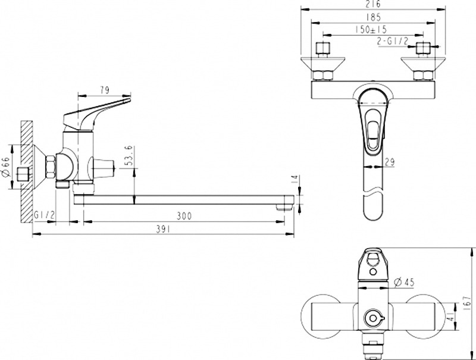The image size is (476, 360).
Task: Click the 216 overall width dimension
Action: click(x=373, y=4)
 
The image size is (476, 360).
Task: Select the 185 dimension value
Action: click(x=373, y=17)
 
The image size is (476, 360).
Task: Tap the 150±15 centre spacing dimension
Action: click(x=371, y=30)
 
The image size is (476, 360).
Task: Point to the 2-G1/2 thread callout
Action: click(x=393, y=41)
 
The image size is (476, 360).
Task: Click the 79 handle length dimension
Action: click(x=104, y=90)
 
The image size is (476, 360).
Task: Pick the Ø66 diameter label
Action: click(x=7, y=167)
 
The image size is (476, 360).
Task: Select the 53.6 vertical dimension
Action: click(x=129, y=155)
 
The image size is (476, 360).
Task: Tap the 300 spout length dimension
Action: click(x=184, y=216)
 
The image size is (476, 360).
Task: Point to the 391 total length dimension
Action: click(x=163, y=229)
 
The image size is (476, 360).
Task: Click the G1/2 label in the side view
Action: click(x=44, y=215)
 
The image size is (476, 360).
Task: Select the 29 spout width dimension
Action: click(x=390, y=162)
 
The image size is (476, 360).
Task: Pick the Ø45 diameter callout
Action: click(x=404, y=282)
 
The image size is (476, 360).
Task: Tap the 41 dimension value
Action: click(x=452, y=317)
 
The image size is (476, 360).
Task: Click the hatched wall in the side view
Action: click(x=27, y=171)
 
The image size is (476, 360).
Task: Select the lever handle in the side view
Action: click(x=96, y=114)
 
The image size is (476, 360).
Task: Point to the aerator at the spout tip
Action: click(x=284, y=207)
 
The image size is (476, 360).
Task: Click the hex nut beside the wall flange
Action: click(x=51, y=167)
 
